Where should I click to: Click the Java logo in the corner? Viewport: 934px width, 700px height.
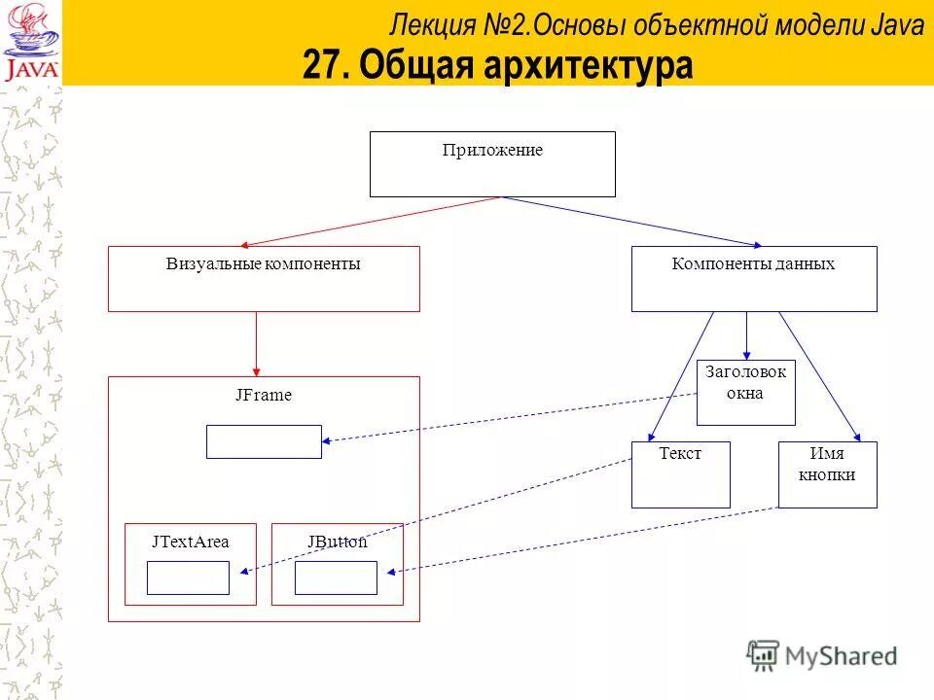(31, 43)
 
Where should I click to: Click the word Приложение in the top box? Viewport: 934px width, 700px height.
(492, 151)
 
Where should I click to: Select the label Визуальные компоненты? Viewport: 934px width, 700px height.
(263, 263)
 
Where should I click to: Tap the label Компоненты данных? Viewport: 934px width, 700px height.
(753, 263)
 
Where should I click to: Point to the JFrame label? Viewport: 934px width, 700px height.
(263, 396)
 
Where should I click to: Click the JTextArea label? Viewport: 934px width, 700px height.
(191, 542)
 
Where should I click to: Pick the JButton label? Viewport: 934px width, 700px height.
(337, 542)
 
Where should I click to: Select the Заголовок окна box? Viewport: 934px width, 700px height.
(745, 393)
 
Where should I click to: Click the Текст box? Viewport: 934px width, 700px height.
(680, 474)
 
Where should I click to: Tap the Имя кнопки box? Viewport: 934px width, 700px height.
(827, 474)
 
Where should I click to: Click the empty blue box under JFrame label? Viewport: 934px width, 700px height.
(264, 441)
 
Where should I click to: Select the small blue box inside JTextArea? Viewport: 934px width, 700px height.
(188, 577)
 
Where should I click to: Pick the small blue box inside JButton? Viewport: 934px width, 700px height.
(336, 577)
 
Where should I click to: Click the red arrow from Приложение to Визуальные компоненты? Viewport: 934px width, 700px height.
(370, 222)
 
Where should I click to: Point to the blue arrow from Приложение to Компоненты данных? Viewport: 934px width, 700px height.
(632, 222)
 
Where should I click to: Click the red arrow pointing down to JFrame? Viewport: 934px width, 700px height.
(256, 343)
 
